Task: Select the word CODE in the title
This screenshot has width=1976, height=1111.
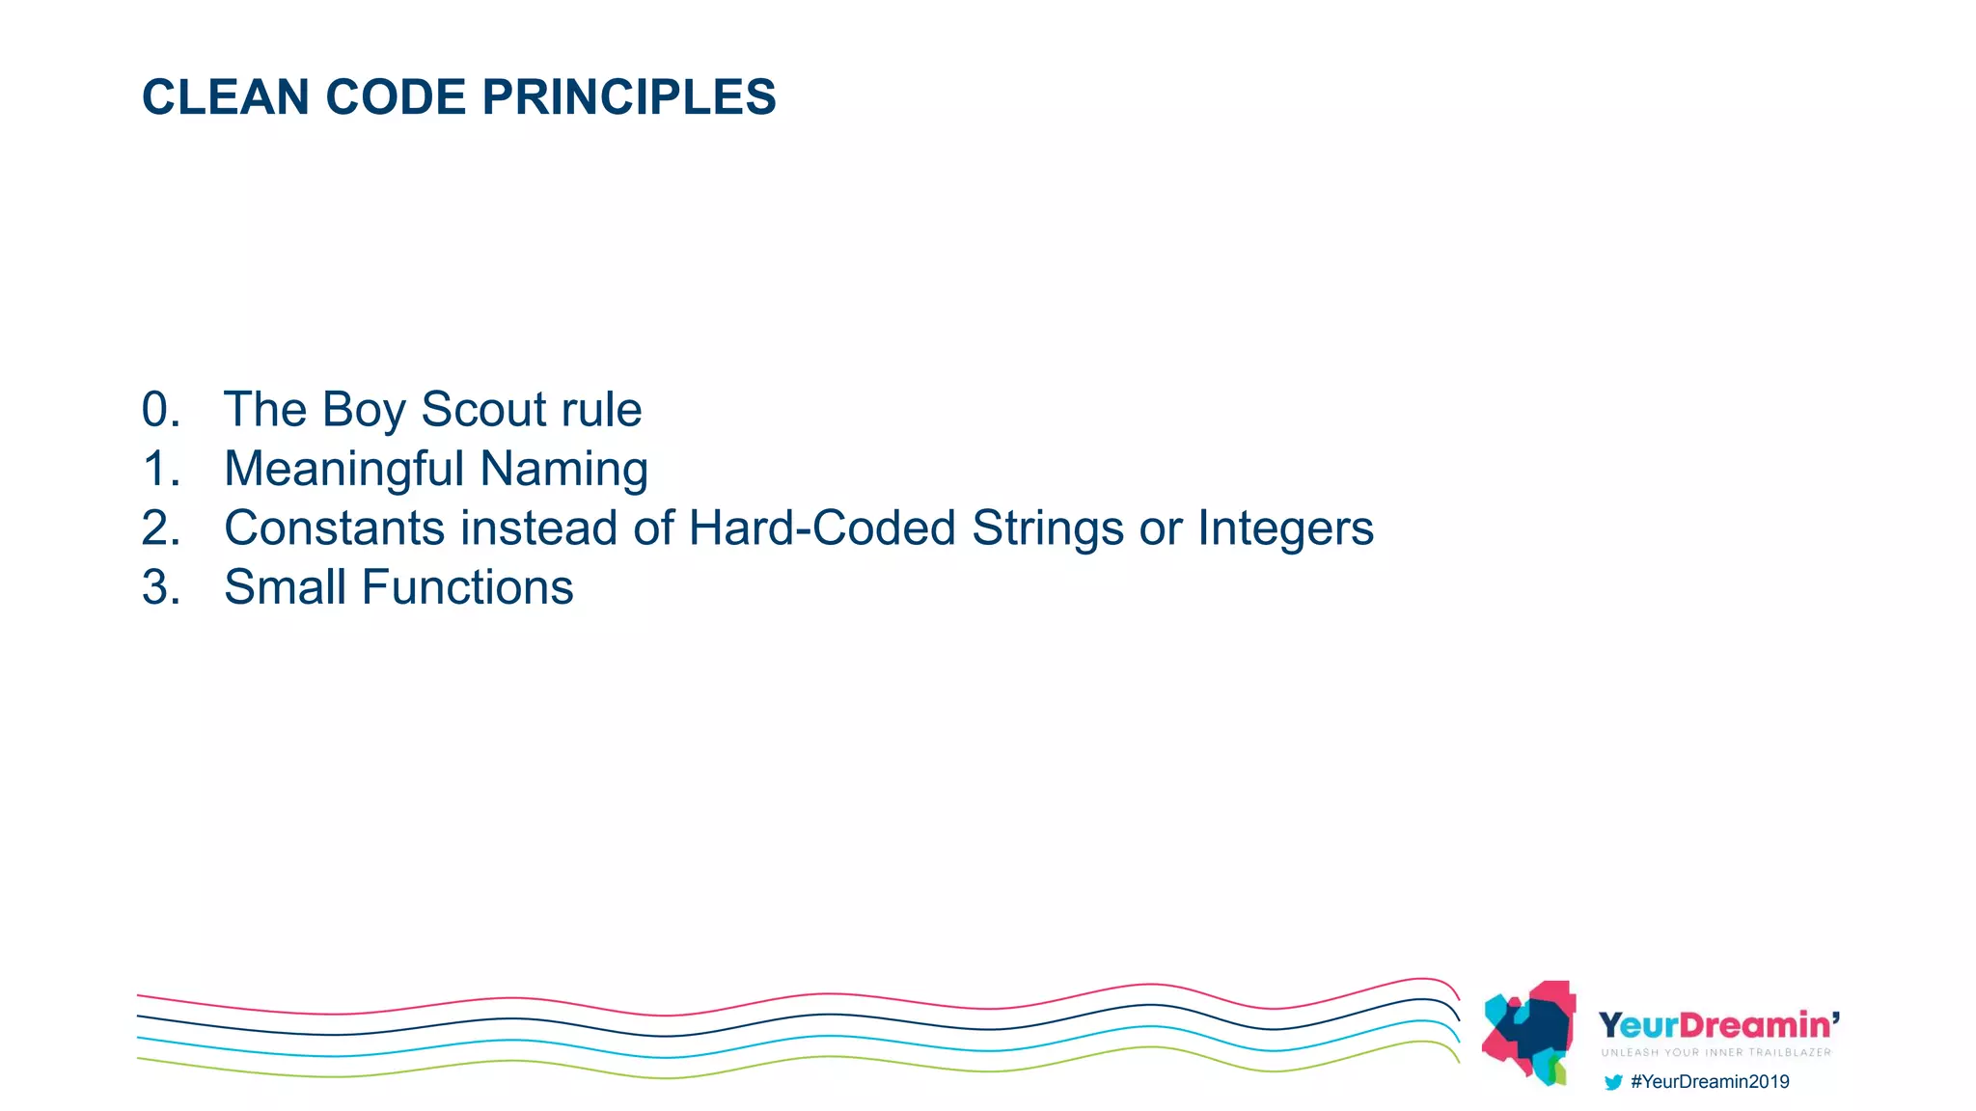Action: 396,97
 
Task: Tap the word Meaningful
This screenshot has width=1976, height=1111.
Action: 344,470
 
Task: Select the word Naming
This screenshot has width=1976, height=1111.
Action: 563,470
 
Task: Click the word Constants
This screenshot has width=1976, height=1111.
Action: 334,528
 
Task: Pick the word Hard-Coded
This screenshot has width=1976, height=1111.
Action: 821,528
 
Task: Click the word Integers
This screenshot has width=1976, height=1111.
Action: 1285,528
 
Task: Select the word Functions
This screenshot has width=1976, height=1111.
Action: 467,587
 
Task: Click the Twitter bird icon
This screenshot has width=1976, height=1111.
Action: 1612,1082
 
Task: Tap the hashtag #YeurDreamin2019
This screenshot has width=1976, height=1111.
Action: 1709,1082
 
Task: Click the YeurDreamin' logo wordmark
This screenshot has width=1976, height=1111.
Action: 1718,1025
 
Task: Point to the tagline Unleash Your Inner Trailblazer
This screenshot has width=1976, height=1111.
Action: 1715,1052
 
